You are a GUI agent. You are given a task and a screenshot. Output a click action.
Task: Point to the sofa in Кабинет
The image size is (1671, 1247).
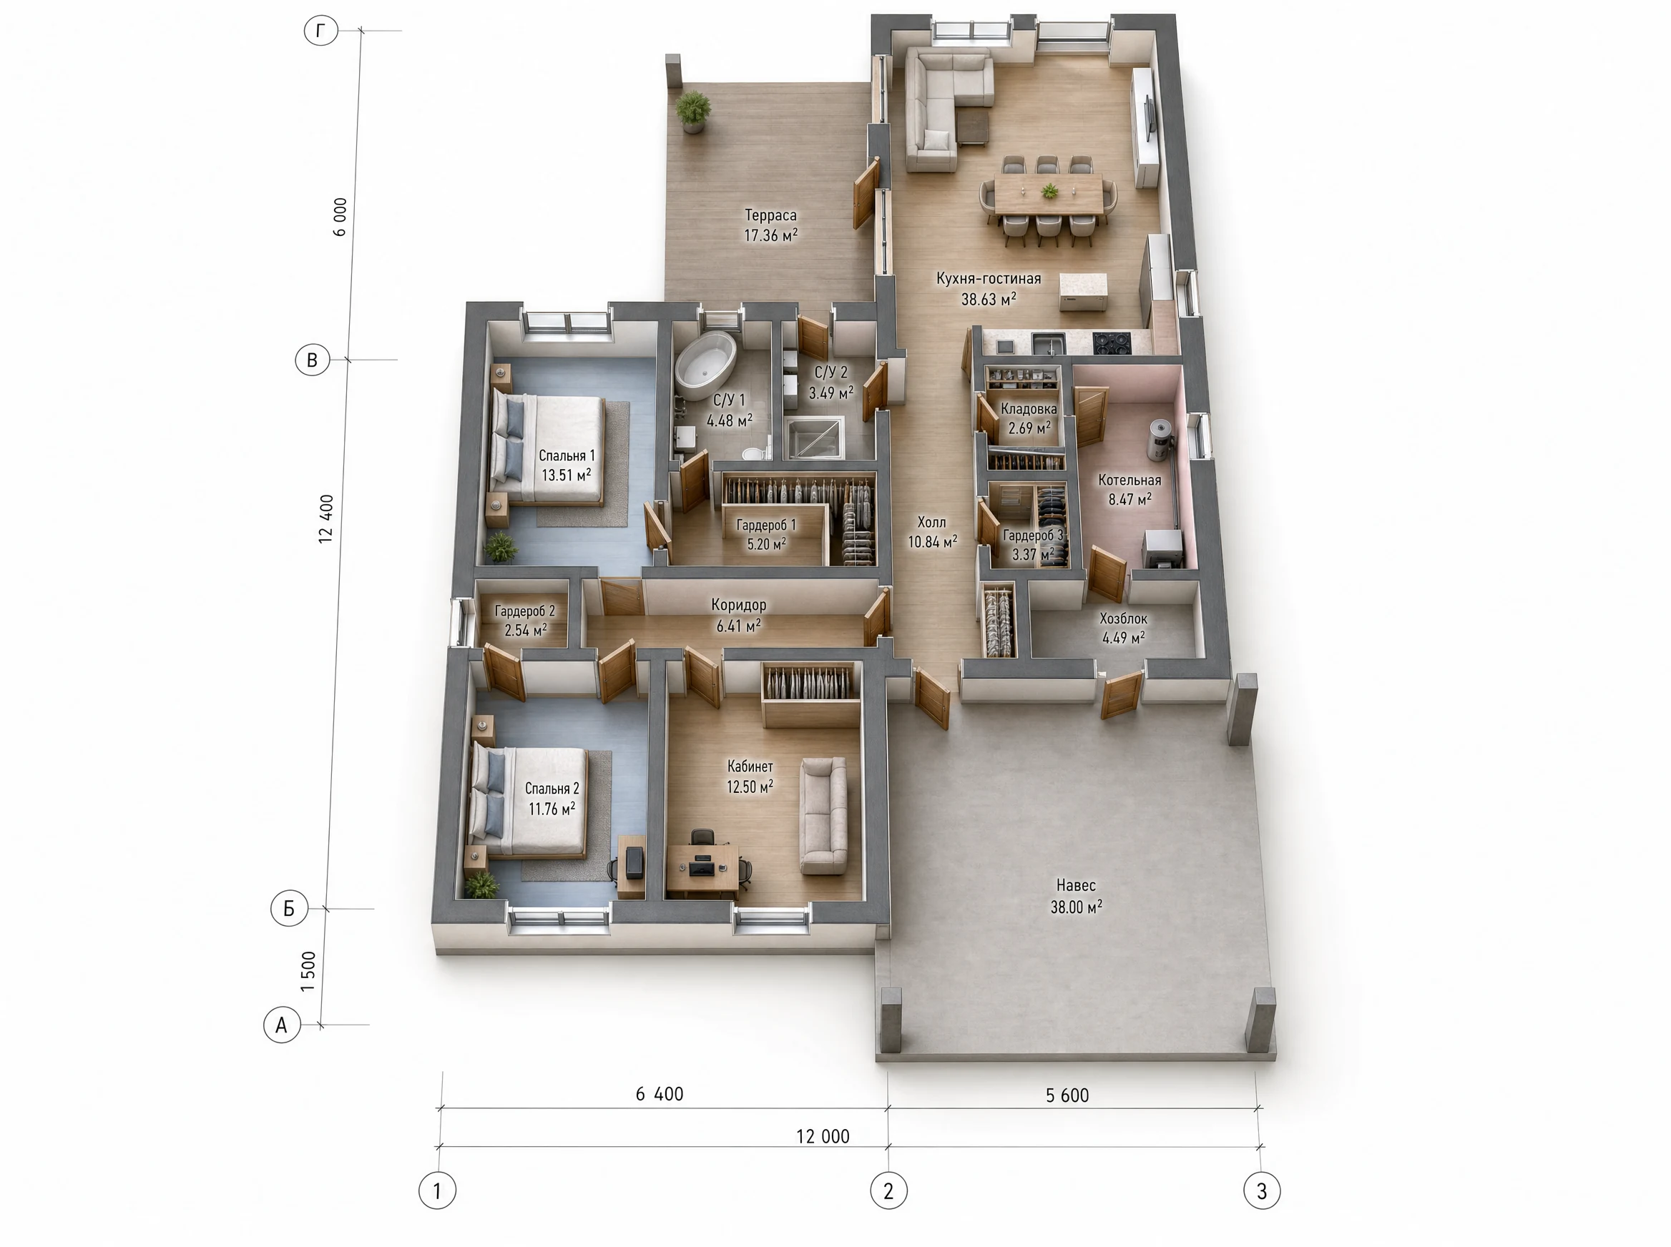(824, 815)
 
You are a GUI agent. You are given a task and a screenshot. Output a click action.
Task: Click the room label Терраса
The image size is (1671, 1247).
(770, 215)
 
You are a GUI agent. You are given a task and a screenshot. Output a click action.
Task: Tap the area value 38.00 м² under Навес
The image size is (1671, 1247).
(1076, 907)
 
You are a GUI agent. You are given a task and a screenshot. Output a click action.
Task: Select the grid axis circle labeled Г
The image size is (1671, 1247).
(321, 31)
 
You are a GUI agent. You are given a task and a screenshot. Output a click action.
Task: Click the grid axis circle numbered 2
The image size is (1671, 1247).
(888, 1191)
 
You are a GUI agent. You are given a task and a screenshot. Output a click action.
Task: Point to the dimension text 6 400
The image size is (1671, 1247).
(660, 1094)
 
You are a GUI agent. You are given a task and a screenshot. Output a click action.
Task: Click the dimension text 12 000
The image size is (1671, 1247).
(823, 1136)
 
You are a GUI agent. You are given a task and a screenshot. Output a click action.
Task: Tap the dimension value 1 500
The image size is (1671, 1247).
(308, 972)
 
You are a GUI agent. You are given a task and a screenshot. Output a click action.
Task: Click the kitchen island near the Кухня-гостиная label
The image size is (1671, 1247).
(1083, 291)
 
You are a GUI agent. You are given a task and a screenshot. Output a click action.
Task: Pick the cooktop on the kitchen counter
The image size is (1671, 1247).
(1112, 342)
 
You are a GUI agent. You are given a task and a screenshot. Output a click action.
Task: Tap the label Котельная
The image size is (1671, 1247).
(1129, 480)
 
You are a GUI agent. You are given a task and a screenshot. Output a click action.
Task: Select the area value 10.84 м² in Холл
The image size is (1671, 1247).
(933, 542)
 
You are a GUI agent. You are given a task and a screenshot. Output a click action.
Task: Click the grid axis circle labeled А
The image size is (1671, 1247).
(282, 1025)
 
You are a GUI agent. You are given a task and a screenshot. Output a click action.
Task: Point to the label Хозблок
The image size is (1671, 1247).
(1124, 619)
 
